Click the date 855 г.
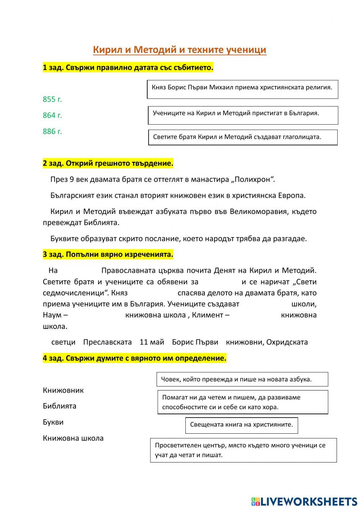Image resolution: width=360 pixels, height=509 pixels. [52, 99]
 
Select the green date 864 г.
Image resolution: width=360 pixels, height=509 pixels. [52, 115]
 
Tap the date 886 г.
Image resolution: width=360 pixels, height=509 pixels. [52, 131]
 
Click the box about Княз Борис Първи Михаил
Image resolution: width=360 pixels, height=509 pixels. [242, 89]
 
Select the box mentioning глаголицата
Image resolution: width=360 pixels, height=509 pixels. [243, 137]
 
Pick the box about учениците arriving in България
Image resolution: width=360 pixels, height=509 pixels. [243, 115]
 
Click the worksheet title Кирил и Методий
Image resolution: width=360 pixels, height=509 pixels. [179, 50]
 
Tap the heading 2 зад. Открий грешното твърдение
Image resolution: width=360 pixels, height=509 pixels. [108, 164]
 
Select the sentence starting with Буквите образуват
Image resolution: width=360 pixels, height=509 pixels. [179, 238]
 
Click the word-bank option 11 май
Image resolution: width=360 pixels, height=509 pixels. [152, 342]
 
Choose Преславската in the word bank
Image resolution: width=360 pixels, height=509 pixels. [107, 342]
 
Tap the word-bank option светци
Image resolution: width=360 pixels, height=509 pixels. [63, 342]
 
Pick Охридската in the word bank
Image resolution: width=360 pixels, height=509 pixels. [287, 342]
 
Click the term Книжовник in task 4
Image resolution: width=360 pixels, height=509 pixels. [63, 390]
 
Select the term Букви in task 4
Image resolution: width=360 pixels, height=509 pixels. [53, 422]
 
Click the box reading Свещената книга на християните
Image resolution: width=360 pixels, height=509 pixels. [242, 425]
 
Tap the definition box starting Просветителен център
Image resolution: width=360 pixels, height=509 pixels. [243, 450]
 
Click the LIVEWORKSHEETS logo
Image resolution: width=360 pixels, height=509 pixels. [304, 501]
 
